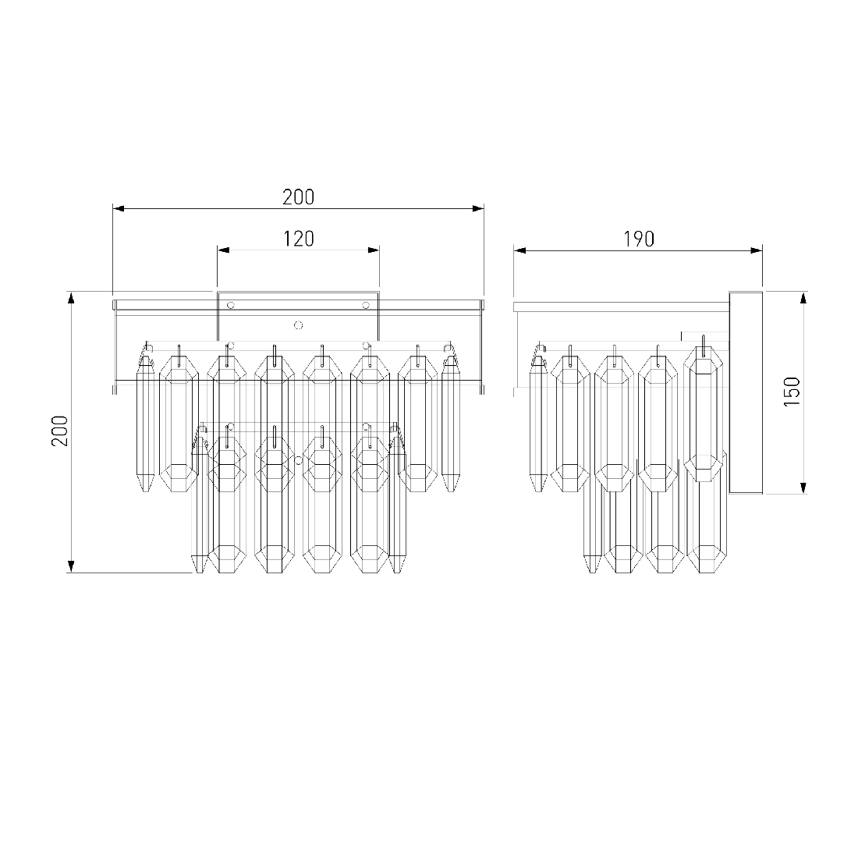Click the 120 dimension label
[x=299, y=239]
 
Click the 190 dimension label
[x=639, y=239]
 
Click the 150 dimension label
[x=792, y=392]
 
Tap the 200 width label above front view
[x=299, y=197]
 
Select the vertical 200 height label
[x=59, y=431]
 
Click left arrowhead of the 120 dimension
[x=223, y=250]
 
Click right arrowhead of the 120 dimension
[x=373, y=250]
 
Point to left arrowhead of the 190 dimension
[x=519, y=250]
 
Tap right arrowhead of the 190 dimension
[x=757, y=250]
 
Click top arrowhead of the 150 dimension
[x=803, y=298]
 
